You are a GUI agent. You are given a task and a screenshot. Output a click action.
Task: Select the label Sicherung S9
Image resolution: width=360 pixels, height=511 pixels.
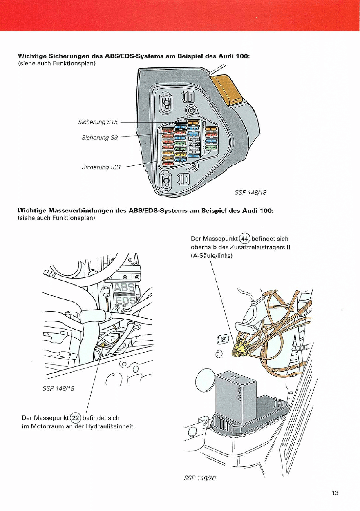pos(100,138)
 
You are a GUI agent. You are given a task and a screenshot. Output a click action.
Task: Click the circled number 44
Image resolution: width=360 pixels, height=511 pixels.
pos(245,239)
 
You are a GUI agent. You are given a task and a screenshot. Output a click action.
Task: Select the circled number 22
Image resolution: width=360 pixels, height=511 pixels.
pos(76,418)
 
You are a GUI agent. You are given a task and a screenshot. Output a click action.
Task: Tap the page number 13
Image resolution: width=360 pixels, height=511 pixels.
pos(335,493)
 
